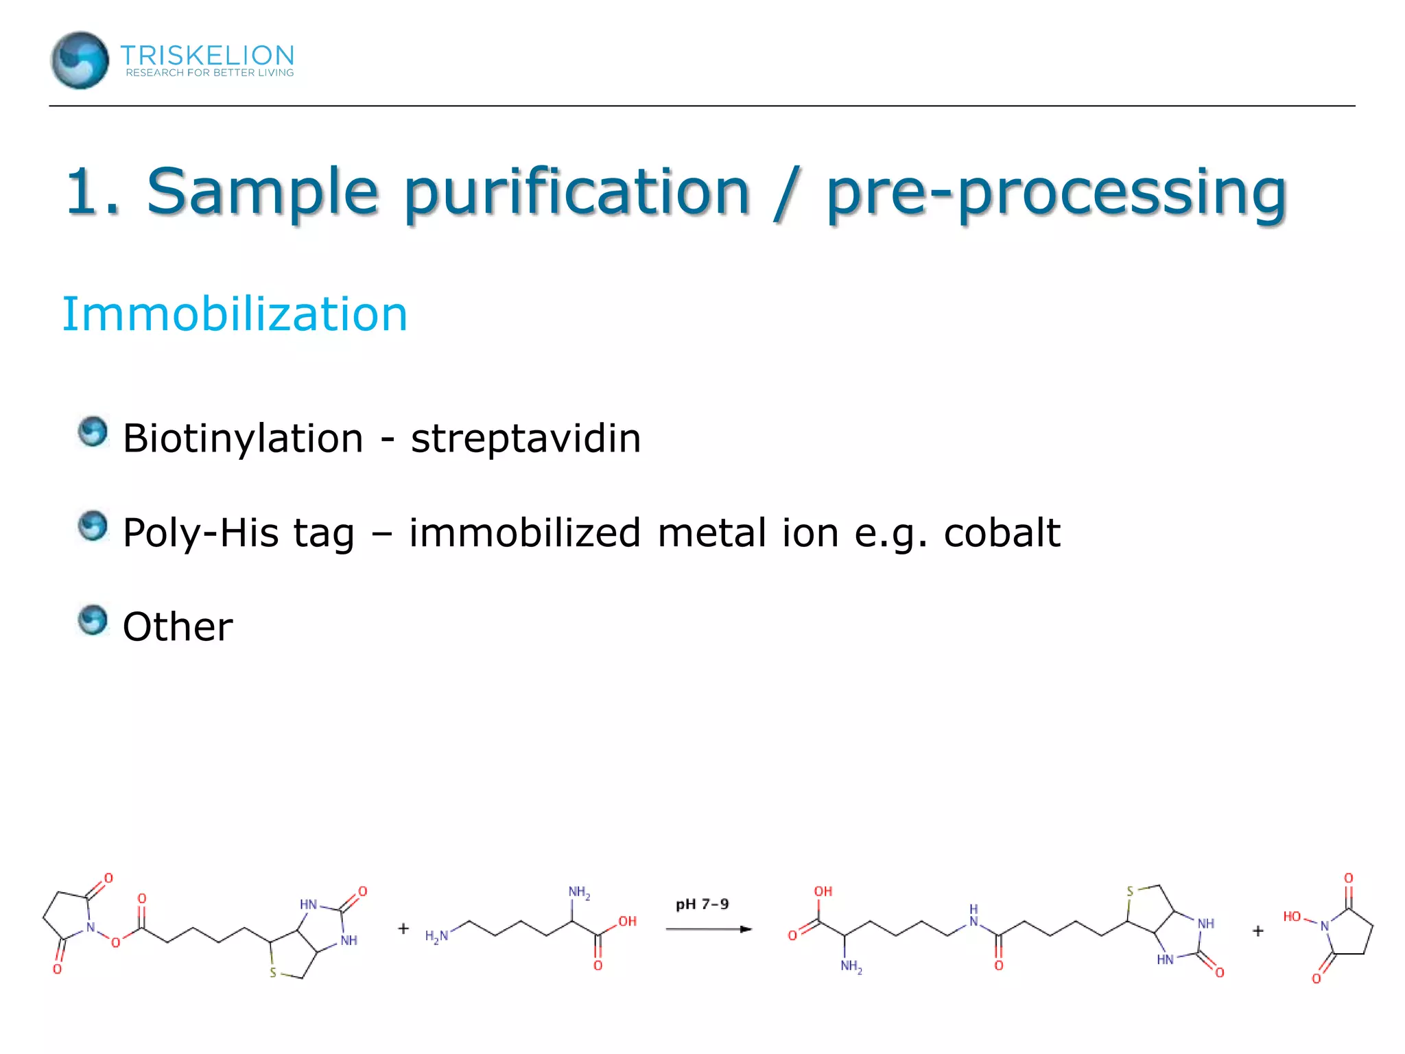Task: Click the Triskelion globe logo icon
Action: coord(80,60)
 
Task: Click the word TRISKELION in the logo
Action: coord(207,55)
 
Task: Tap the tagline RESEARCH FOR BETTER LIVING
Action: coord(209,73)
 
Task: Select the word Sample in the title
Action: coord(262,191)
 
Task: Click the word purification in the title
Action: coord(576,191)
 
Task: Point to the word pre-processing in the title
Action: coord(1056,193)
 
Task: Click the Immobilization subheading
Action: coord(235,314)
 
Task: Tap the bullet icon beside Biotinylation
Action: coord(93,432)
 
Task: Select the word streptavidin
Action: coord(526,438)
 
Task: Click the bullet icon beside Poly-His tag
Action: coord(93,526)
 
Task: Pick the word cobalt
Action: coord(1002,533)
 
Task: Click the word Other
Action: coord(178,627)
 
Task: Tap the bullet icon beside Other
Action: coord(93,620)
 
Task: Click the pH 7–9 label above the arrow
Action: coord(702,904)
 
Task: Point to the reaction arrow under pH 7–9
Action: coord(709,929)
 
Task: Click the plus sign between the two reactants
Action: coord(403,928)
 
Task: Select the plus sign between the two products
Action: coord(1258,931)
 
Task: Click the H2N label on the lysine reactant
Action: coord(436,936)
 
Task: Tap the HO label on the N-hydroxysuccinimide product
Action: coord(1292,917)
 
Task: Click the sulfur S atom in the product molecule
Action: coord(1130,892)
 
